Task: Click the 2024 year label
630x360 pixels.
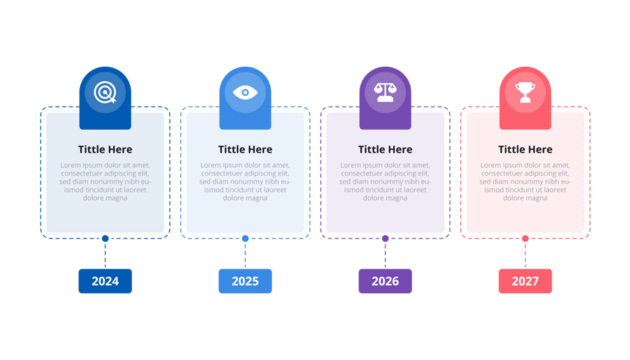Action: (105, 281)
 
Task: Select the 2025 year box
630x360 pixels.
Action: (245, 281)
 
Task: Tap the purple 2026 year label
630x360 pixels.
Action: (385, 281)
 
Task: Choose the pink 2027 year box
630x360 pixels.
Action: (525, 281)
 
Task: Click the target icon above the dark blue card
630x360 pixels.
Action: (105, 93)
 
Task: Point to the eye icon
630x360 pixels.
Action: (245, 93)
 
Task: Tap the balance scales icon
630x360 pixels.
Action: (385, 93)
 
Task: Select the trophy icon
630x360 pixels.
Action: (525, 93)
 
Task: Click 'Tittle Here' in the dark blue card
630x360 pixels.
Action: (105, 150)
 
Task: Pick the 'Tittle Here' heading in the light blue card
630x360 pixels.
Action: (245, 150)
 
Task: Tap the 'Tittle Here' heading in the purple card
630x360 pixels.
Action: (385, 150)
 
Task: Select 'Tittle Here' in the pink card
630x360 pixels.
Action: (525, 150)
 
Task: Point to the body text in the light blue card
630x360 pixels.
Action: (245, 181)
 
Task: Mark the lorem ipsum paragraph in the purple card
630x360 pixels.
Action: (385, 181)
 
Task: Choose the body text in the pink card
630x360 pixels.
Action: (525, 181)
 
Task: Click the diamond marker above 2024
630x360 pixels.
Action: (105, 238)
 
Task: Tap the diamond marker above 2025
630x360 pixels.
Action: (245, 238)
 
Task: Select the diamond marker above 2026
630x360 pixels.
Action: (385, 238)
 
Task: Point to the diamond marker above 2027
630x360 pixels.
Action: (525, 238)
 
